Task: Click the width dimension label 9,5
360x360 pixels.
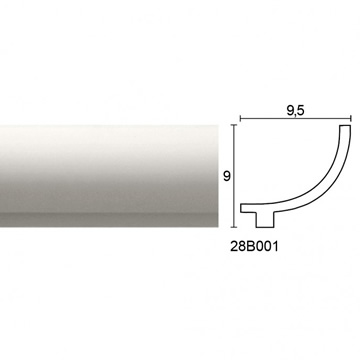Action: click(295, 110)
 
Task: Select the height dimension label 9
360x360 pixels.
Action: click(227, 176)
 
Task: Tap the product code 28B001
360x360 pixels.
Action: click(254, 247)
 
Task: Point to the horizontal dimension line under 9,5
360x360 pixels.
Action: click(296, 118)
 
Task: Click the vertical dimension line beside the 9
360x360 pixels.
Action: click(234, 176)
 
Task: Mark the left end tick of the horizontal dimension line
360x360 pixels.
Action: click(240, 118)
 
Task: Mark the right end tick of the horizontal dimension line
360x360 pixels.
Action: click(351, 118)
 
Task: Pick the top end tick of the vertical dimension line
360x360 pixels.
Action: click(234, 125)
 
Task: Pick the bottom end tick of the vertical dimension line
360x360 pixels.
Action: click(234, 227)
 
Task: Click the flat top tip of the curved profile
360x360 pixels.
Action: click(345, 126)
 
